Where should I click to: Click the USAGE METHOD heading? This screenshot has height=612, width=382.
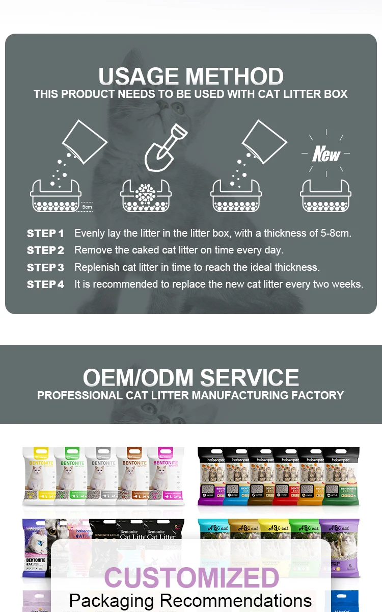coord(191,76)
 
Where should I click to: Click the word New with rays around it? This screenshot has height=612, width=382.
coord(326,154)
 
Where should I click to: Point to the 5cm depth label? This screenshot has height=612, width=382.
coord(87,207)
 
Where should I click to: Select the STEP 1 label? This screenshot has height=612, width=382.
coord(45,234)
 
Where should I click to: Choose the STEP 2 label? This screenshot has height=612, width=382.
coord(45,250)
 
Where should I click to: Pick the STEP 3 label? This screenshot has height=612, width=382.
coord(45,268)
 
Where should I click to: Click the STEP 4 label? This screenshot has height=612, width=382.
coord(45,285)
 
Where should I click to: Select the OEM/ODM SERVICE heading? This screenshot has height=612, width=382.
coord(191,378)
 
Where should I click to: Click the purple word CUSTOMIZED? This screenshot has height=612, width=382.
coord(192,578)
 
